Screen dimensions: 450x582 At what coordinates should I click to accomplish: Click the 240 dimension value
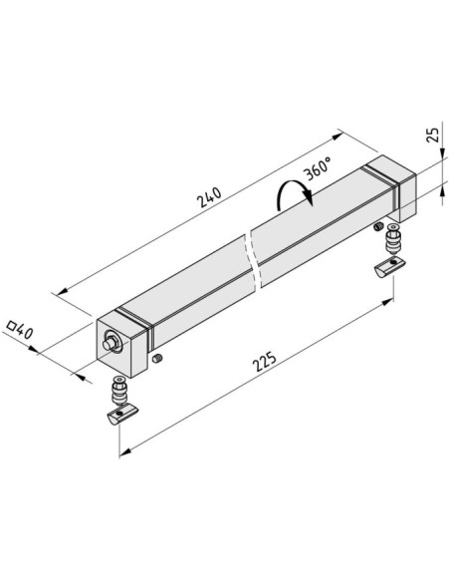click(x=209, y=197)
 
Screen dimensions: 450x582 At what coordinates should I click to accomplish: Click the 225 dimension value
click(x=264, y=361)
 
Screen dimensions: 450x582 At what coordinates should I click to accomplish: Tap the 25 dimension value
click(x=433, y=135)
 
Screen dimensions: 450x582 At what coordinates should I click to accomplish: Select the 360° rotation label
click(x=318, y=168)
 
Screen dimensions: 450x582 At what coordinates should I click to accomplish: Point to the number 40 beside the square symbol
click(x=25, y=332)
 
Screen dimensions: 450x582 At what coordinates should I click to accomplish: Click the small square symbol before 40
click(x=12, y=326)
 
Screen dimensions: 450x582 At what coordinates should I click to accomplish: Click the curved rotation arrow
click(x=294, y=192)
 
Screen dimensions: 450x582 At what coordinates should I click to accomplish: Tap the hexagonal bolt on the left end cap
click(x=112, y=343)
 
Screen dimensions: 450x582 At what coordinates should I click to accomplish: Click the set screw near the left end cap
click(x=157, y=358)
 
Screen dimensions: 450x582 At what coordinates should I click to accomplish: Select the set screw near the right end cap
click(x=378, y=226)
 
